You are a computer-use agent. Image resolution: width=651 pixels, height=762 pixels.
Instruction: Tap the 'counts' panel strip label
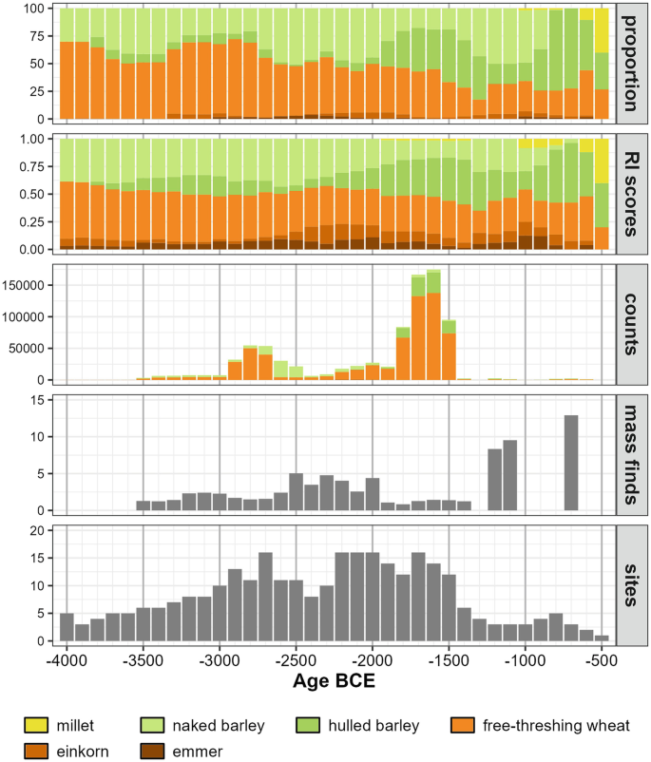pyautogui.click(x=632, y=324)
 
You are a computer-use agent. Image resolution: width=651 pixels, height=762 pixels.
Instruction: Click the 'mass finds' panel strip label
pyautogui.click(x=632, y=454)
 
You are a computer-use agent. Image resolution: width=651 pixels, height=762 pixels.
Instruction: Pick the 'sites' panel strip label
pyautogui.click(x=632, y=584)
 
